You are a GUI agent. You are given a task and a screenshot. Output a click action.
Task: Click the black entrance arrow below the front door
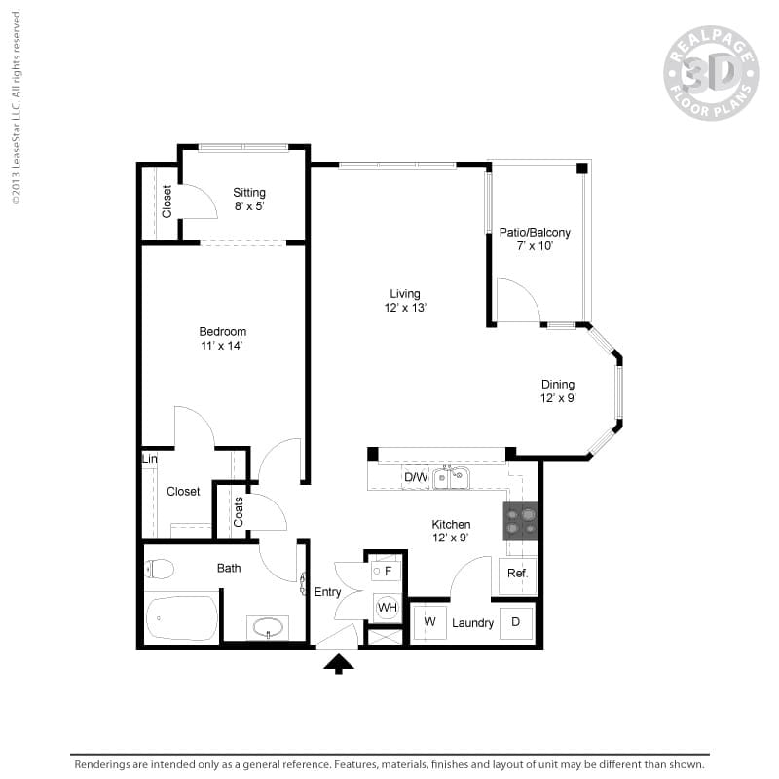click(x=339, y=663)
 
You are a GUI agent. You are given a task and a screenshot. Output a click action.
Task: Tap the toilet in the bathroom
click(x=160, y=569)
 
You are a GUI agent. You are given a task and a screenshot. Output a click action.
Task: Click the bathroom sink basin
click(x=268, y=627)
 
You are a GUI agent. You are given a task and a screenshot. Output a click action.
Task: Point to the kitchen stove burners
click(x=520, y=522)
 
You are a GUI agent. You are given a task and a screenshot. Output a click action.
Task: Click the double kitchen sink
click(x=451, y=477)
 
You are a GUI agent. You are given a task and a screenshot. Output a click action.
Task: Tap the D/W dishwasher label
click(x=416, y=477)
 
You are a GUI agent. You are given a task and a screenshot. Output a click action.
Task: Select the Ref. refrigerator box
click(x=517, y=574)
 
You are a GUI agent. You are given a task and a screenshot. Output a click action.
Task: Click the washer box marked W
click(x=429, y=622)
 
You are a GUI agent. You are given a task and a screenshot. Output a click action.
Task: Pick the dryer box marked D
click(x=516, y=622)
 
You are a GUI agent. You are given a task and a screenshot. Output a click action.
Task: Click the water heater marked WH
click(x=388, y=608)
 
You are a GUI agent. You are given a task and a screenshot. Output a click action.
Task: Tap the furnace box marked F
click(x=387, y=572)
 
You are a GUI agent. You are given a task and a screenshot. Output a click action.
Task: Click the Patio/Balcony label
click(x=535, y=233)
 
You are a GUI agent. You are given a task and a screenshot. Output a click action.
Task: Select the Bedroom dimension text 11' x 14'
click(x=222, y=346)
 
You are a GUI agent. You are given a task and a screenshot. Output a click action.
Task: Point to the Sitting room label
click(x=249, y=192)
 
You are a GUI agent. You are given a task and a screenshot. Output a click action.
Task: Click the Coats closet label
click(x=239, y=511)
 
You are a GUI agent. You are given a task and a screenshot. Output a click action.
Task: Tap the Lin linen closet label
click(x=150, y=459)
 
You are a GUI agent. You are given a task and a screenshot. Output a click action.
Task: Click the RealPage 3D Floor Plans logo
click(x=711, y=73)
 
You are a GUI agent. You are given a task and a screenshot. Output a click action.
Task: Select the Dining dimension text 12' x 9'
click(x=558, y=398)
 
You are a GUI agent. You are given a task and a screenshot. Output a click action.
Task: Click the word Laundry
click(x=472, y=623)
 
